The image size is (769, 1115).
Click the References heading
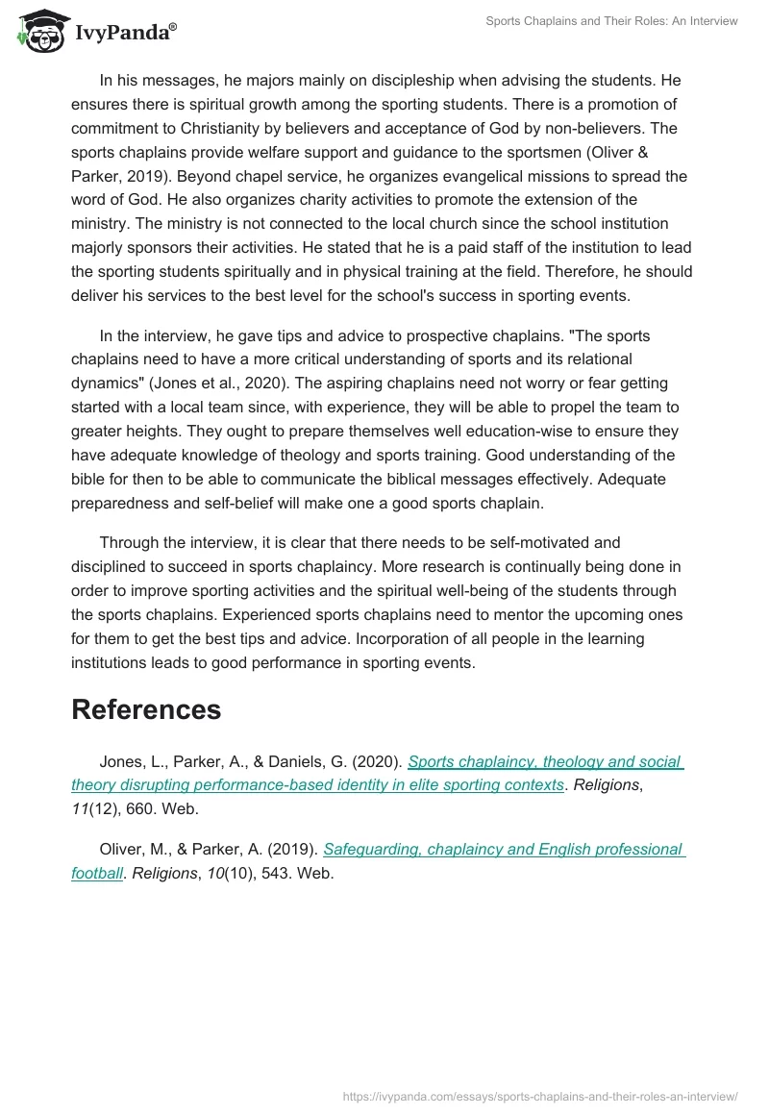point(146,709)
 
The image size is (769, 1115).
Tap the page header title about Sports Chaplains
point(612,21)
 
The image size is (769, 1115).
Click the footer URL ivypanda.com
point(540,1096)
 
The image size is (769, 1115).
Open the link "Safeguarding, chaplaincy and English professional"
point(504,850)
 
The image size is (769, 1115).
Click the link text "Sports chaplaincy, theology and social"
point(545,762)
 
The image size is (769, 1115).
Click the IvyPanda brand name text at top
point(125,32)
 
